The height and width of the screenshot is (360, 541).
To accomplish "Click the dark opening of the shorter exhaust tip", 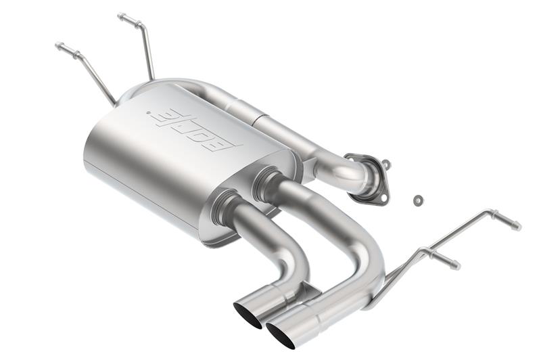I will tap(247, 314).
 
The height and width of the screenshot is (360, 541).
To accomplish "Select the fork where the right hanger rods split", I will tap(423, 250).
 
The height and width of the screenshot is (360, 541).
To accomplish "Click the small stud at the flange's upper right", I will tap(385, 163).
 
